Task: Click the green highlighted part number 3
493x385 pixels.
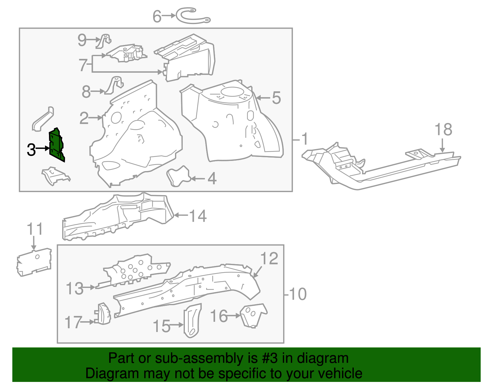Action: pos(56,145)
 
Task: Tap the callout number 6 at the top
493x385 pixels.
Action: pos(157,17)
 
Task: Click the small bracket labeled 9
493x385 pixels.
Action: pos(104,41)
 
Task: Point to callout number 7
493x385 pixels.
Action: pos(83,65)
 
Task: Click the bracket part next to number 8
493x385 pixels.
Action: pos(115,85)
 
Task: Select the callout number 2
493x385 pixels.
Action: pos(84,118)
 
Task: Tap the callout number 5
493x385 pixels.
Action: pos(276,98)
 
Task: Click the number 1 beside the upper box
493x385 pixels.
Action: pos(304,139)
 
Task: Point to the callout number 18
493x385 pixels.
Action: pos(443,130)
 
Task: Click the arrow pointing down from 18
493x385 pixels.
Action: pos(442,145)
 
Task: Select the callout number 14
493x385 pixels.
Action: pos(198,216)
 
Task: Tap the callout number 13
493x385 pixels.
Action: pos(75,289)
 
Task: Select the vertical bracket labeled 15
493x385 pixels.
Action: pos(192,321)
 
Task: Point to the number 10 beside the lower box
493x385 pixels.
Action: pos(298,294)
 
